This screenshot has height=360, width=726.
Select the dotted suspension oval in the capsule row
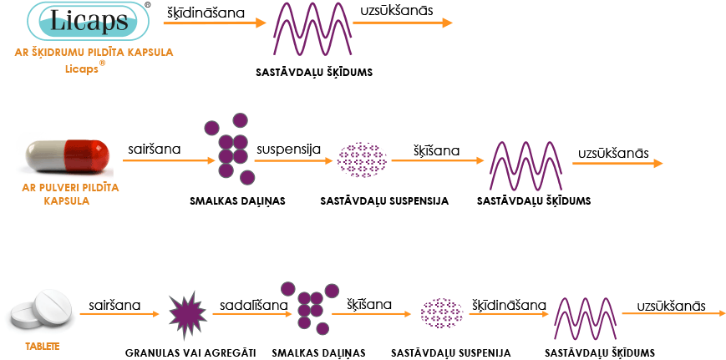point(362,160)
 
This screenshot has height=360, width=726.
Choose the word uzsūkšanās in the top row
point(396,11)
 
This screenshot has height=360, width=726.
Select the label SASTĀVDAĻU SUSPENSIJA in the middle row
point(384,201)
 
